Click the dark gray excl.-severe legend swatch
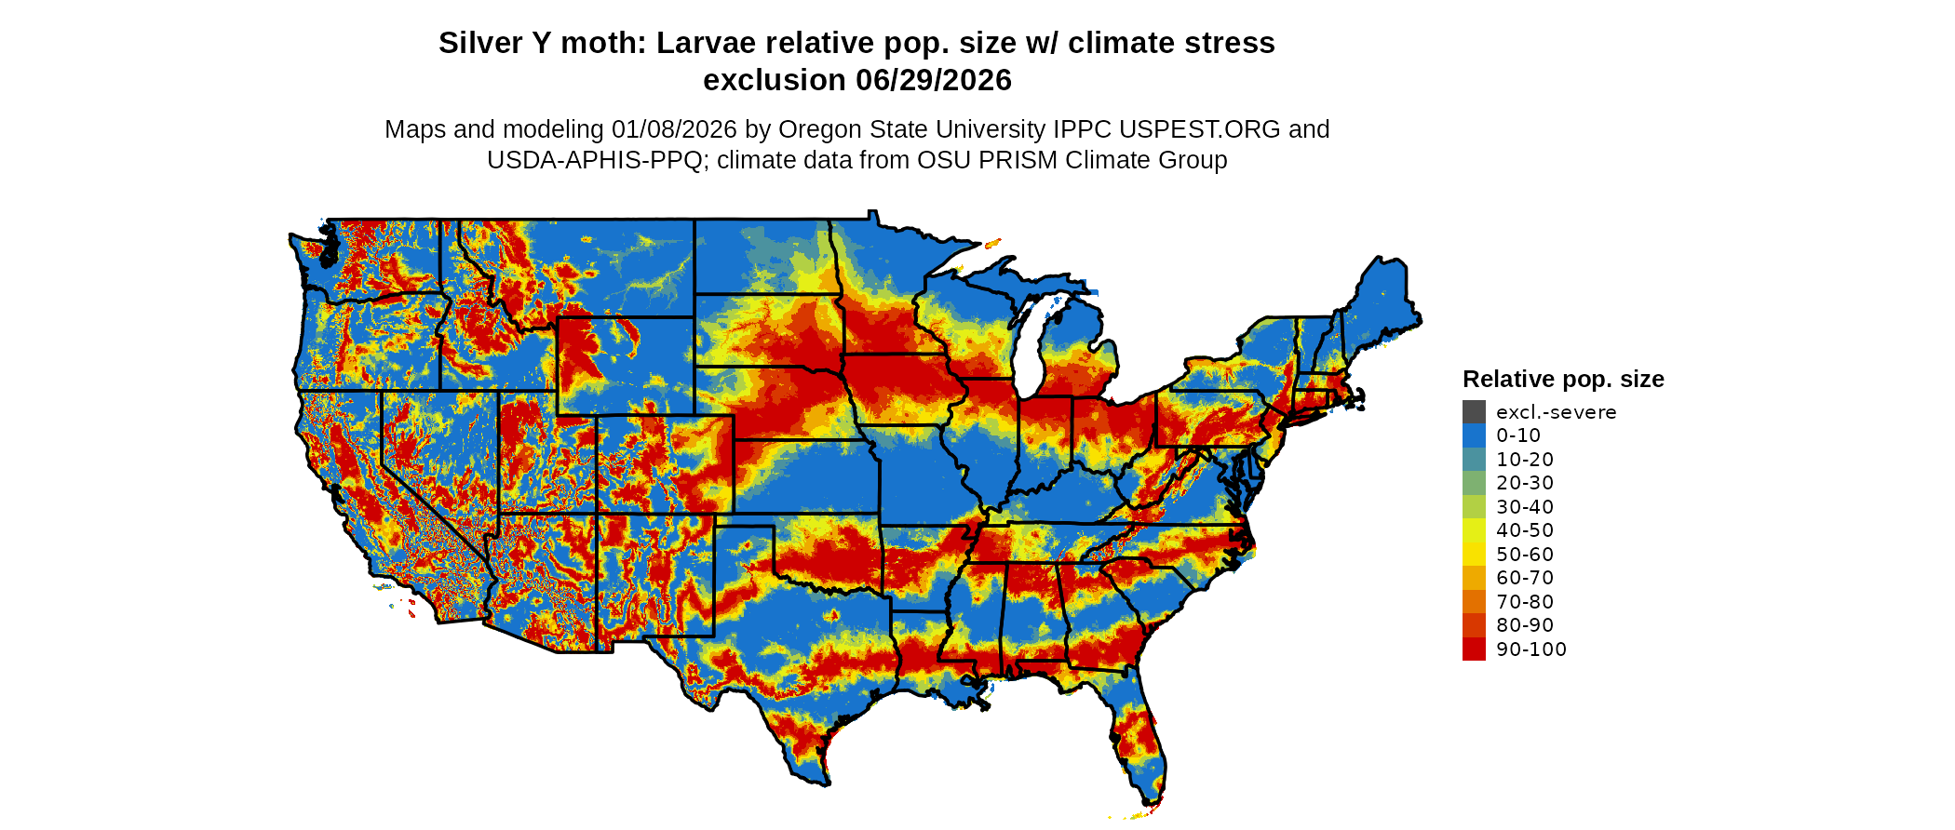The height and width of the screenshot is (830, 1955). point(1474,412)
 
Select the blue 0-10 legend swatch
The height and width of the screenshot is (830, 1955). point(1474,435)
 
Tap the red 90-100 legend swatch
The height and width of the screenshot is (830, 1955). point(1474,649)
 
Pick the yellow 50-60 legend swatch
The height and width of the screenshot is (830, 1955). point(1474,555)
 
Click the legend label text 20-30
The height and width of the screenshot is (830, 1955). point(1525,483)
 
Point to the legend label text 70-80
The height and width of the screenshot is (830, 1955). point(1525,602)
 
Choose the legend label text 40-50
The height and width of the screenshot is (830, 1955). point(1525,530)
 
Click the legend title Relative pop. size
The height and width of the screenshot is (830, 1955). point(1563,380)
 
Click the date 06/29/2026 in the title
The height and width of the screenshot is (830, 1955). point(933,81)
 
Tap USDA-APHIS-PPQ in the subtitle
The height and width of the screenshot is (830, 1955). point(595,160)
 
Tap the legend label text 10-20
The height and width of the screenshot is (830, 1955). point(1525,460)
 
